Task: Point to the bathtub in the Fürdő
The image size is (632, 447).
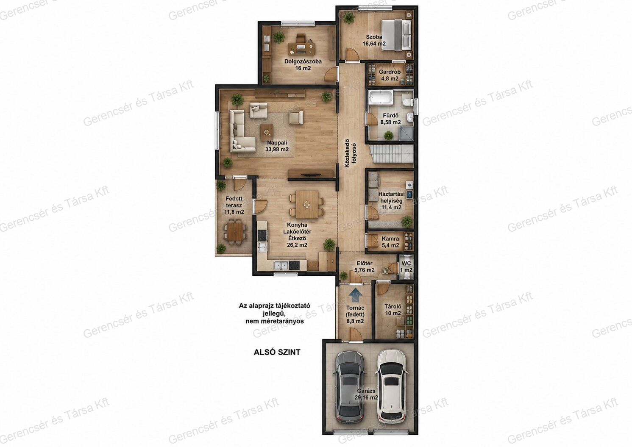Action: coord(381,98)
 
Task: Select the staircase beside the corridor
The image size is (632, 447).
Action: coord(391,154)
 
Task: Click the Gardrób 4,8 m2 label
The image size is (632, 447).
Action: coord(390,75)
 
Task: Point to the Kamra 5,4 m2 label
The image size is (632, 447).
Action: coord(390,242)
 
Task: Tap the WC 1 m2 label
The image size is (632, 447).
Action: coord(406,267)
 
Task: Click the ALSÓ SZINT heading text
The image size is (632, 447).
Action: coord(277,352)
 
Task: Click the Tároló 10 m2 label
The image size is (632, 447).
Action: coord(393,310)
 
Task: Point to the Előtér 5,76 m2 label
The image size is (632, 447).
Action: coord(365,267)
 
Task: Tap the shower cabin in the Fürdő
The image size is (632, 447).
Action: coord(406,133)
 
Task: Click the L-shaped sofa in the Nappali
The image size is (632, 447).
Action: coord(240,131)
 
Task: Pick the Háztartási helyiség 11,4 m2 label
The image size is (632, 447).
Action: coord(392,201)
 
